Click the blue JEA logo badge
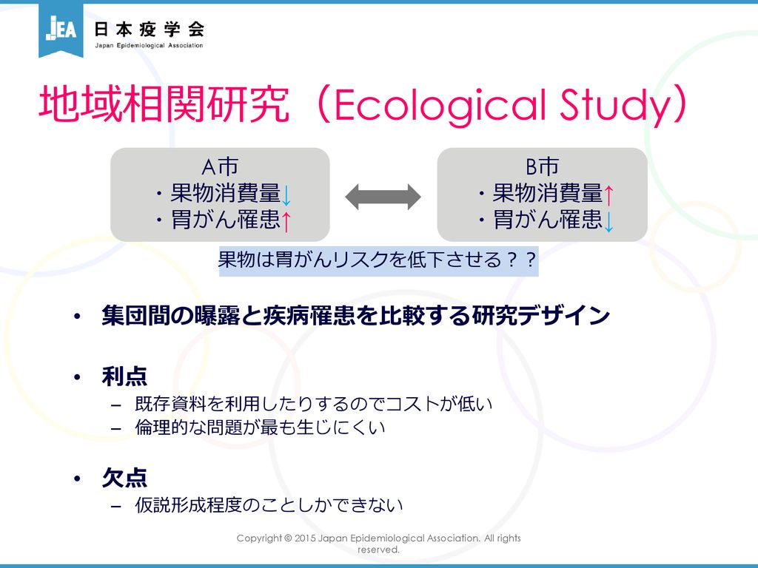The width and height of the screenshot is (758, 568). (x=61, y=30)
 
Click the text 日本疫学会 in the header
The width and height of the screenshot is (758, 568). (x=150, y=30)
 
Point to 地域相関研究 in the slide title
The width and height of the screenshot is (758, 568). (x=164, y=104)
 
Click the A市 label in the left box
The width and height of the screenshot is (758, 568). (x=220, y=166)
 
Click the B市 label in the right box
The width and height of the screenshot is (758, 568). (x=542, y=166)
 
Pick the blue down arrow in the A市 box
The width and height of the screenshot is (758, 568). (x=286, y=195)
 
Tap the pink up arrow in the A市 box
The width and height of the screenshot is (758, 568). (x=286, y=221)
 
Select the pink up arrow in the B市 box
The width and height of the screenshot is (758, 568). (x=608, y=195)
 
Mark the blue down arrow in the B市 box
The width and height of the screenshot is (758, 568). (x=608, y=221)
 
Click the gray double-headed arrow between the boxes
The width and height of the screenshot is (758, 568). (x=383, y=197)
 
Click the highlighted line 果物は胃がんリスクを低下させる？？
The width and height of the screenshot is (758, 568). (x=378, y=260)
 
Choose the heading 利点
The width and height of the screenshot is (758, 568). (x=124, y=376)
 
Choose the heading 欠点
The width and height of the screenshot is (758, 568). (x=124, y=478)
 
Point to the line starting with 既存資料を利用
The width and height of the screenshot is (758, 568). (x=313, y=404)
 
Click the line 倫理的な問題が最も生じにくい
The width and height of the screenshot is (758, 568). (x=260, y=427)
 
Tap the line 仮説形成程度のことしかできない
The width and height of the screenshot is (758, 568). (x=269, y=505)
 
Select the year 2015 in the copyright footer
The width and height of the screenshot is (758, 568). (x=304, y=538)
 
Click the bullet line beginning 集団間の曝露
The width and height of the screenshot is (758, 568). (x=355, y=317)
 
